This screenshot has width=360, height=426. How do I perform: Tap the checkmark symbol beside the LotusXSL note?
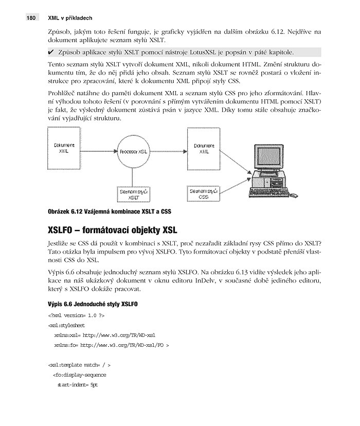[51, 52]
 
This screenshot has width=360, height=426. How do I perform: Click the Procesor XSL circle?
[133, 153]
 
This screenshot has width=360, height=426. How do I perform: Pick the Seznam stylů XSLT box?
[133, 193]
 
